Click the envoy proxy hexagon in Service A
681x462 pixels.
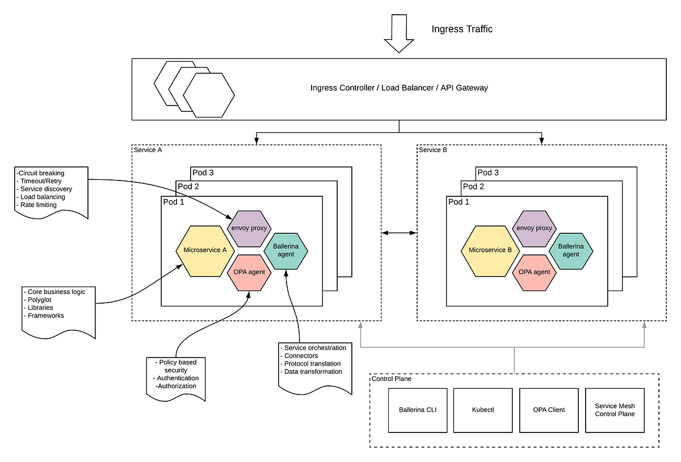249,228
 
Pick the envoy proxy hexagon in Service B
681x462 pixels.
534,228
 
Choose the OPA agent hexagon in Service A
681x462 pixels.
249,272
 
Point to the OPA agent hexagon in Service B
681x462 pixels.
534,272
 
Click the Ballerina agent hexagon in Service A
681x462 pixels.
286,250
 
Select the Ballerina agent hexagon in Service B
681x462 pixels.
571,250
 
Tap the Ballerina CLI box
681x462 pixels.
418,410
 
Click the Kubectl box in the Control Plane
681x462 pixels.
483,410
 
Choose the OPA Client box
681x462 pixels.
549,410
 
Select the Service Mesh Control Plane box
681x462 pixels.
615,410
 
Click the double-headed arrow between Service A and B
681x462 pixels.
399,232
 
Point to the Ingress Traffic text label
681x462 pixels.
462,30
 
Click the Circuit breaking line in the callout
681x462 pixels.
41,173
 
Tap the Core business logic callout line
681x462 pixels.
57,292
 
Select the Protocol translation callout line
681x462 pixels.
312,364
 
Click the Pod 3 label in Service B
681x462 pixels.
488,173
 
